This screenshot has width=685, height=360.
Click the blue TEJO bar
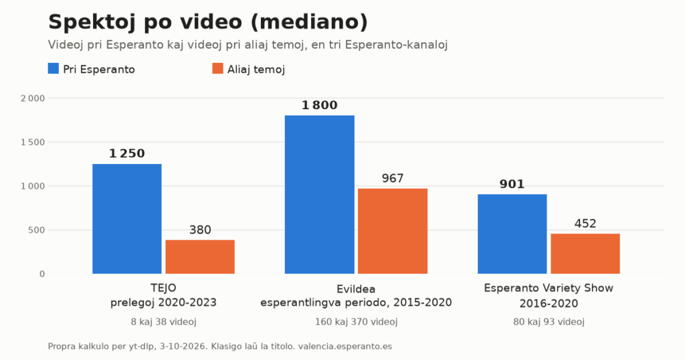click(127, 219)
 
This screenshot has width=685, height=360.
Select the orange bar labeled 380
click(200, 257)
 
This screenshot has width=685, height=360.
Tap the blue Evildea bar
click(320, 195)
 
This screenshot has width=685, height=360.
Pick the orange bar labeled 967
click(393, 231)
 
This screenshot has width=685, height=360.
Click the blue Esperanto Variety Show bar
click(512, 234)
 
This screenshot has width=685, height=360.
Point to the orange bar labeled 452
click(585, 254)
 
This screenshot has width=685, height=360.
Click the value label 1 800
click(319, 105)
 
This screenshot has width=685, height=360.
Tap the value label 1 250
click(126, 153)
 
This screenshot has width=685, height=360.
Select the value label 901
click(512, 185)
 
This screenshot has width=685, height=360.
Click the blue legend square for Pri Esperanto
click(54, 69)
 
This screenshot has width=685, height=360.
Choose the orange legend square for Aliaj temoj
click(217, 69)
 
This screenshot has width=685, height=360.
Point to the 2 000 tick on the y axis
click(33, 98)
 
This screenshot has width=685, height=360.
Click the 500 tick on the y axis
click(37, 230)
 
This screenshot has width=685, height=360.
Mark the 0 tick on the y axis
click(42, 274)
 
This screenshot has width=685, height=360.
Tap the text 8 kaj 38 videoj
click(163, 322)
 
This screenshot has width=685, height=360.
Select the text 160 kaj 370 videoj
click(356, 322)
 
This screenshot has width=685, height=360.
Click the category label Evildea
click(356, 289)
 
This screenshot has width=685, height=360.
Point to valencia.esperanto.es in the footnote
click(345, 347)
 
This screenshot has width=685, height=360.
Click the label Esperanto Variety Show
click(549, 288)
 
